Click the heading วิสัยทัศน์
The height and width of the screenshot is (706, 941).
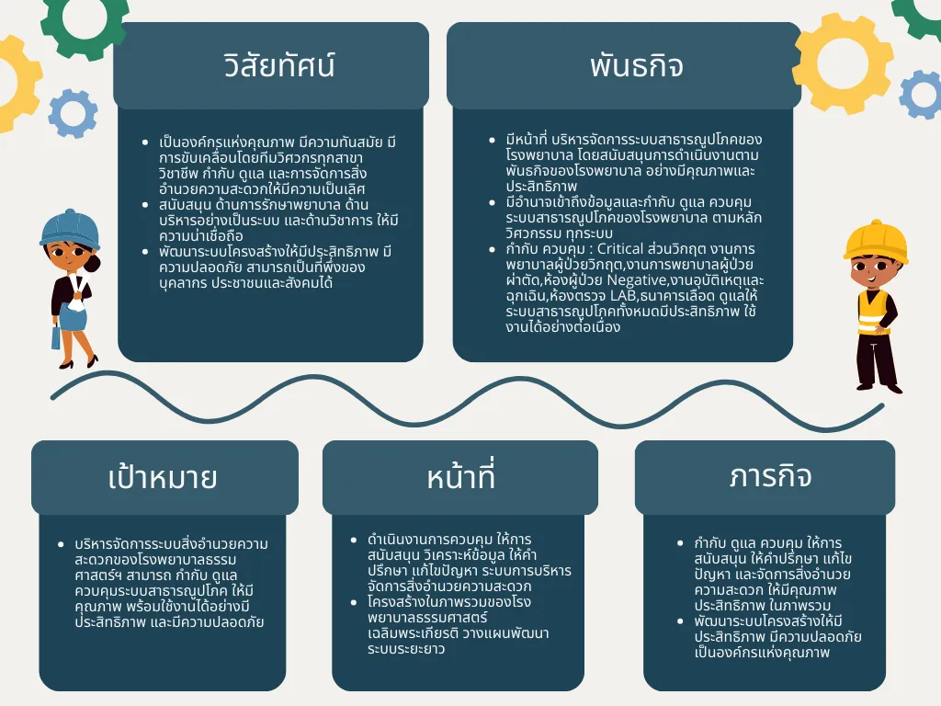(x=279, y=65)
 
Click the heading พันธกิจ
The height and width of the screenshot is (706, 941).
(x=636, y=66)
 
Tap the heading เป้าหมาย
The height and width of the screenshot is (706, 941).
(x=163, y=478)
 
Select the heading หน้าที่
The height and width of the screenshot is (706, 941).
(x=461, y=478)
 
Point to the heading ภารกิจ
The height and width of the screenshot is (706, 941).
(x=771, y=477)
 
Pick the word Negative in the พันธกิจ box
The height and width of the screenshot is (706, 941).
(x=637, y=279)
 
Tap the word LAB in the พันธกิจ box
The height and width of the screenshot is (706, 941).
(x=623, y=295)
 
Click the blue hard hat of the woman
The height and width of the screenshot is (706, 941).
(x=70, y=229)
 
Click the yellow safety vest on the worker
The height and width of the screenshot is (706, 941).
(x=873, y=312)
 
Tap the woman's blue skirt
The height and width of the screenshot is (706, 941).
(x=73, y=317)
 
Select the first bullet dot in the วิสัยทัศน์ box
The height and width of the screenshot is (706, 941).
(x=144, y=142)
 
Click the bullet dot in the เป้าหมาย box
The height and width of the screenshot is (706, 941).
(x=61, y=544)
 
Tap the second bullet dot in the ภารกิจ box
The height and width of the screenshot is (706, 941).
(x=680, y=621)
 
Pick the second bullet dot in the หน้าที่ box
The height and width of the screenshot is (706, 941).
(x=354, y=602)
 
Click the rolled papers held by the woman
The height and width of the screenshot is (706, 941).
(x=77, y=291)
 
